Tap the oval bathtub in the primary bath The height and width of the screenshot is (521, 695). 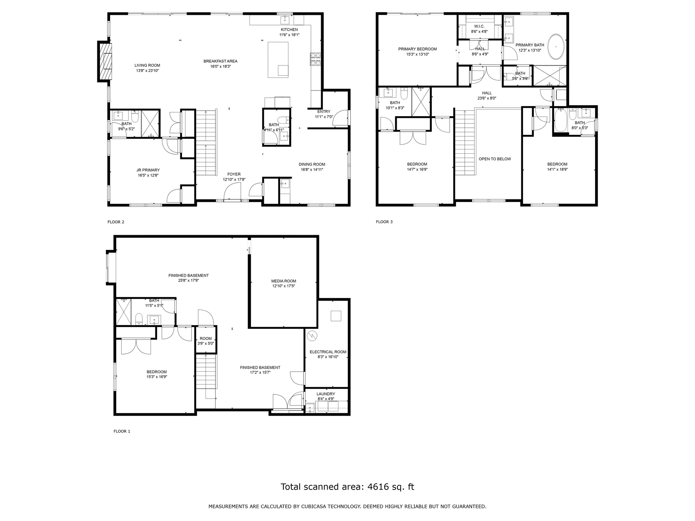555,47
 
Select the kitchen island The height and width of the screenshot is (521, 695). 278,59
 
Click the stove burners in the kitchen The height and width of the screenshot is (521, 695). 315,59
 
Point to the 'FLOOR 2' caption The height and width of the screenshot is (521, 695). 116,222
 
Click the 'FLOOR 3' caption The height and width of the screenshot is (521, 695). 384,222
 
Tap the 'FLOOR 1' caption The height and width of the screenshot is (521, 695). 122,431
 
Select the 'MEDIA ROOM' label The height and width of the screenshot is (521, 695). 284,281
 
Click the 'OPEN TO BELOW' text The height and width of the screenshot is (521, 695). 495,159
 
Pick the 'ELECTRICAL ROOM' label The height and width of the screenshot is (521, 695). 328,352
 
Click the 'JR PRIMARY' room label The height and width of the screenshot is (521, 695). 148,170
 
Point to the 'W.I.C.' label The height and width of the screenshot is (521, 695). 479,26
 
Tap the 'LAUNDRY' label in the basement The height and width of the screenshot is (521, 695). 326,394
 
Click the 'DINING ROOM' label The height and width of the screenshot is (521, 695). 312,164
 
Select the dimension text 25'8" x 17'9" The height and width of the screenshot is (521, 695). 189,280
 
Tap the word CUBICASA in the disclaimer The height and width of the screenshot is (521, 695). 314,507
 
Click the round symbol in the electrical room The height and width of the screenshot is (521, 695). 312,336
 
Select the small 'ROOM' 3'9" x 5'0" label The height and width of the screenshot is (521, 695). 206,339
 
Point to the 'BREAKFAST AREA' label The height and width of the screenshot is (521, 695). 220,61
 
